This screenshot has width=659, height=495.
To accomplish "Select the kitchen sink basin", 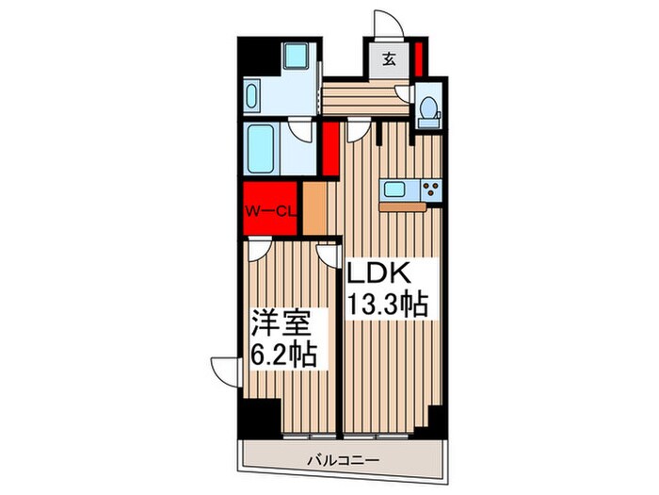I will point(394,190).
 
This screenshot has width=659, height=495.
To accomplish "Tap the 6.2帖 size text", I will point(282,356).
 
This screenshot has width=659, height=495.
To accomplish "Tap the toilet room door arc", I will point(404,92).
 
